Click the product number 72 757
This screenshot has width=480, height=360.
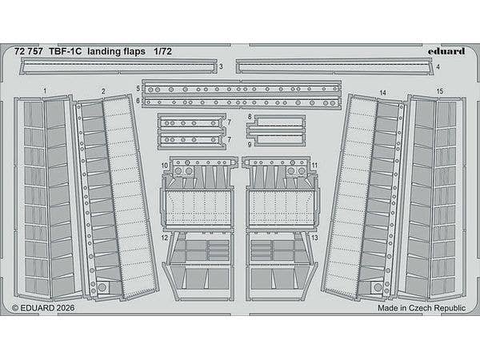pos(30,50)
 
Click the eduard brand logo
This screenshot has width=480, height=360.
pos(444,49)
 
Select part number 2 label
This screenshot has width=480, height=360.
pos(104,92)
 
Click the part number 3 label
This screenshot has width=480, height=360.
pos(221,70)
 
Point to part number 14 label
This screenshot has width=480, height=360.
pos(382,94)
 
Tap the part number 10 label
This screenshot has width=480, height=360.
pos(165,166)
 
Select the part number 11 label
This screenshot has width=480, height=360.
pos(316,166)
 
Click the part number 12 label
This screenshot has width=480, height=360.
pos(164,238)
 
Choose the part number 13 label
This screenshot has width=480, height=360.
pos(316,238)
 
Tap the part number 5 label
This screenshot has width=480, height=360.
pos(138,87)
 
